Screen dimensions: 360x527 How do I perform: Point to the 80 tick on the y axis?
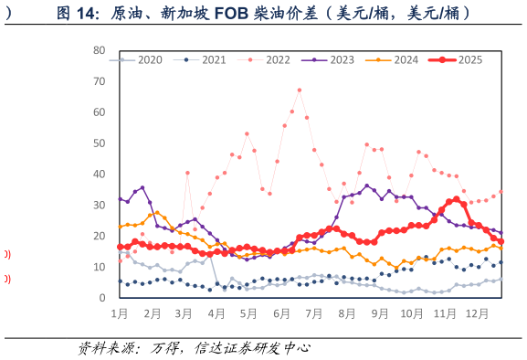coord(100,50)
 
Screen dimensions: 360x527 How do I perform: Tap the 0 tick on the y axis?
coord(102,298)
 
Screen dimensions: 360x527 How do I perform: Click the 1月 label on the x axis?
coord(119,313)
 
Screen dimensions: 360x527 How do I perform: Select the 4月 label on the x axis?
coord(216,313)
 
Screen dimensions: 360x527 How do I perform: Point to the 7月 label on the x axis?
coord(313,313)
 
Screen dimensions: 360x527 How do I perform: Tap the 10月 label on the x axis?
coord(412,313)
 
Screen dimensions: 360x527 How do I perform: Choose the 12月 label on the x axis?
coord(477,313)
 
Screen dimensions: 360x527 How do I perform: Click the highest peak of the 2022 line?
coord(299,90)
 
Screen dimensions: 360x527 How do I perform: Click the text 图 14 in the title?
coord(76,13)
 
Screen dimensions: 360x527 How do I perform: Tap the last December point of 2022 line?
coord(501,192)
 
